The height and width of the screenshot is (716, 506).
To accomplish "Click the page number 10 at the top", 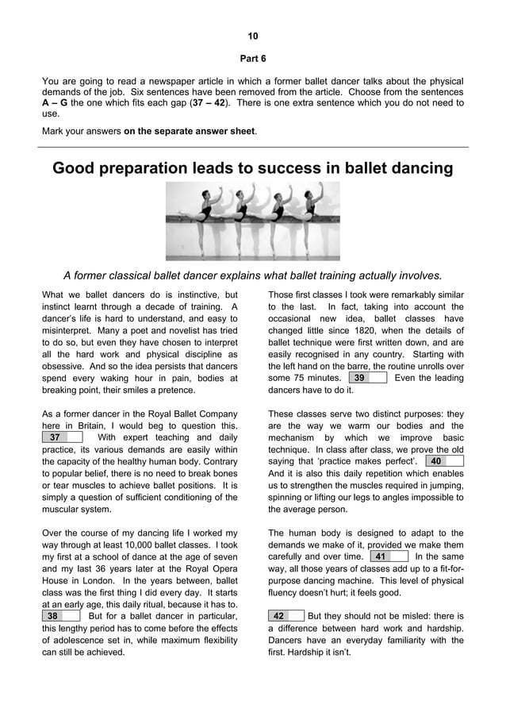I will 253,37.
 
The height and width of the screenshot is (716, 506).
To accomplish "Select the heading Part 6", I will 253,59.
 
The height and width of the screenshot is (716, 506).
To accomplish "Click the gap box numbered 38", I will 59,615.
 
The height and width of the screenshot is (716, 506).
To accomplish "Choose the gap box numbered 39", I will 367,378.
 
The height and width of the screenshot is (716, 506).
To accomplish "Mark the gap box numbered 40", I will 443,461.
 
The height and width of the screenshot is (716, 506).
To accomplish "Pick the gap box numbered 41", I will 389,556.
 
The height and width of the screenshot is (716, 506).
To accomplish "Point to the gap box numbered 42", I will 286,615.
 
